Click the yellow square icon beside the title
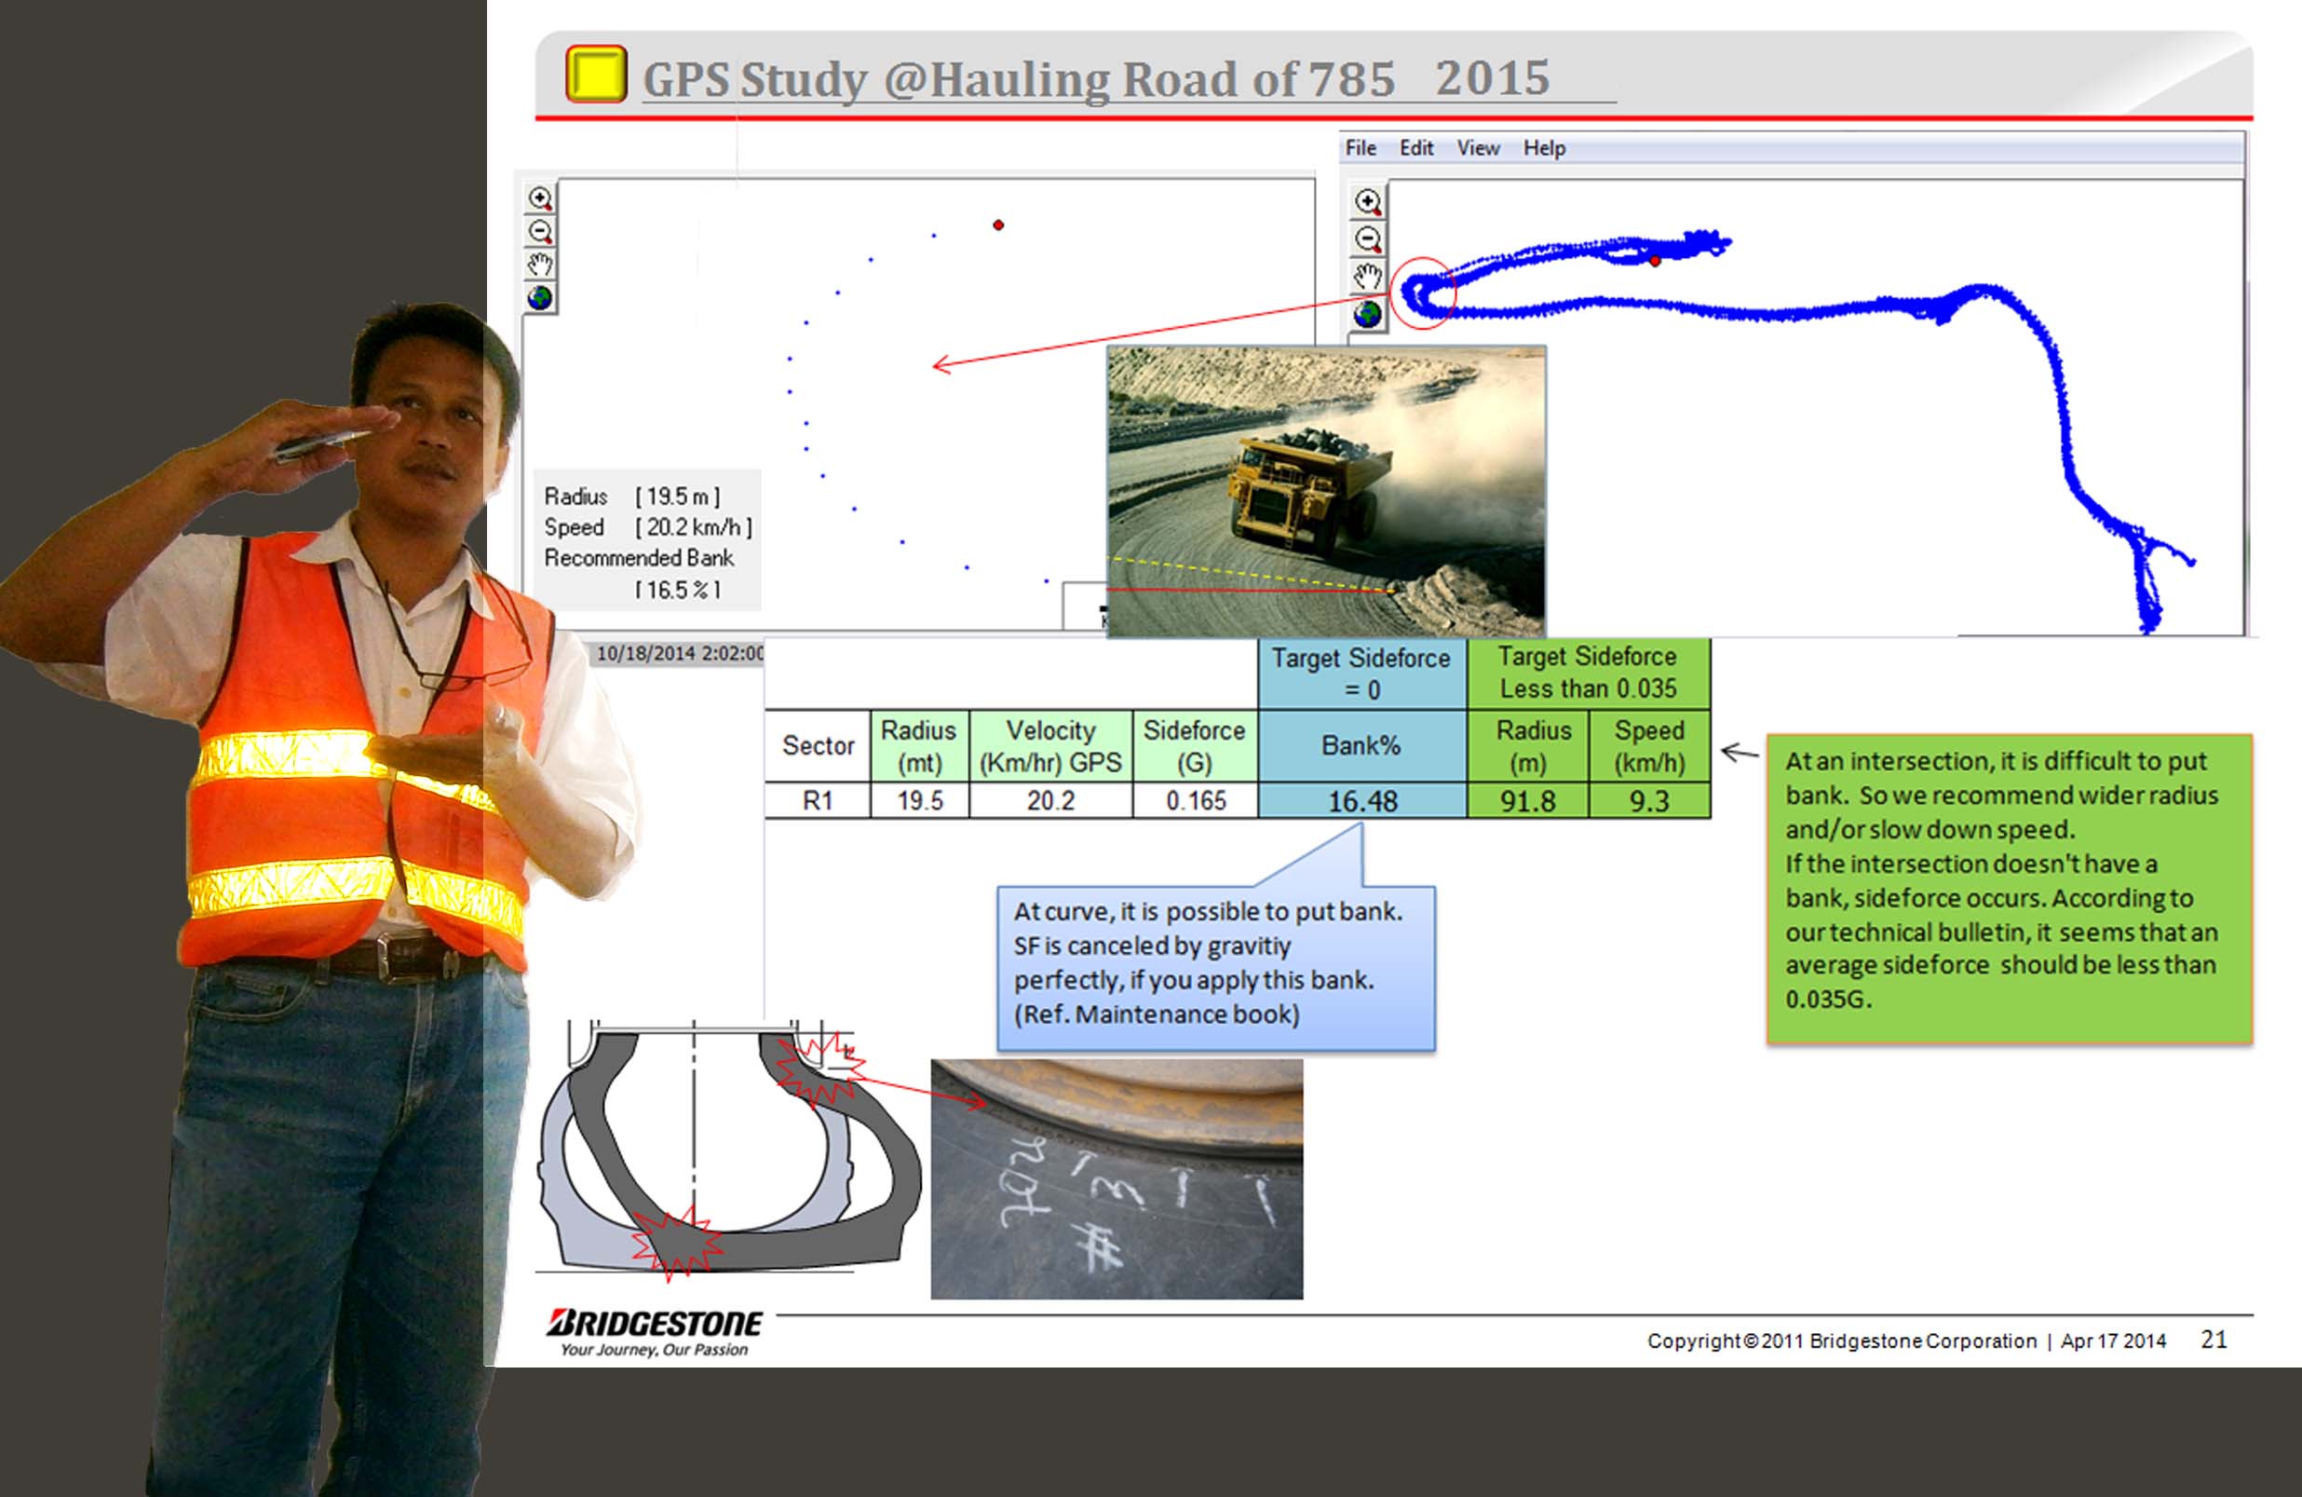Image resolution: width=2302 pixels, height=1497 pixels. [596, 74]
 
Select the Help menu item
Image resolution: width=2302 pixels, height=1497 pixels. [1544, 148]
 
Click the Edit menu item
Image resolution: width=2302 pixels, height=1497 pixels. [1416, 148]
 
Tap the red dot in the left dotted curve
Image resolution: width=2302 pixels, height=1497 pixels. [998, 225]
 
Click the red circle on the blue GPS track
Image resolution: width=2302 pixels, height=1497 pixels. [1424, 293]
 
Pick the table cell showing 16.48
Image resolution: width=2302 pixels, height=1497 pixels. [1361, 801]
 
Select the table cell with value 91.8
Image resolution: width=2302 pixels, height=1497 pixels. [1527, 801]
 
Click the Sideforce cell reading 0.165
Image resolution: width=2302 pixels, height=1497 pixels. [1196, 801]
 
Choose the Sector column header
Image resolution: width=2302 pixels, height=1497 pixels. [818, 746]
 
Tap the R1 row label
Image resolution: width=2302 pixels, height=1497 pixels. [818, 801]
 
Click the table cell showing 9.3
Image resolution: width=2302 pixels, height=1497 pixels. [1648, 801]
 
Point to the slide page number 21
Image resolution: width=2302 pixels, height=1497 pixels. [2213, 1340]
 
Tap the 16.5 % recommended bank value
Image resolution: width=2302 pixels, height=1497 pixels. [677, 590]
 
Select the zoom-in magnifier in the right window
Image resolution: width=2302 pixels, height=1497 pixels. [1367, 201]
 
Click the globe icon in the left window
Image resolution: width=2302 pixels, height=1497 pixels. [540, 297]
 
